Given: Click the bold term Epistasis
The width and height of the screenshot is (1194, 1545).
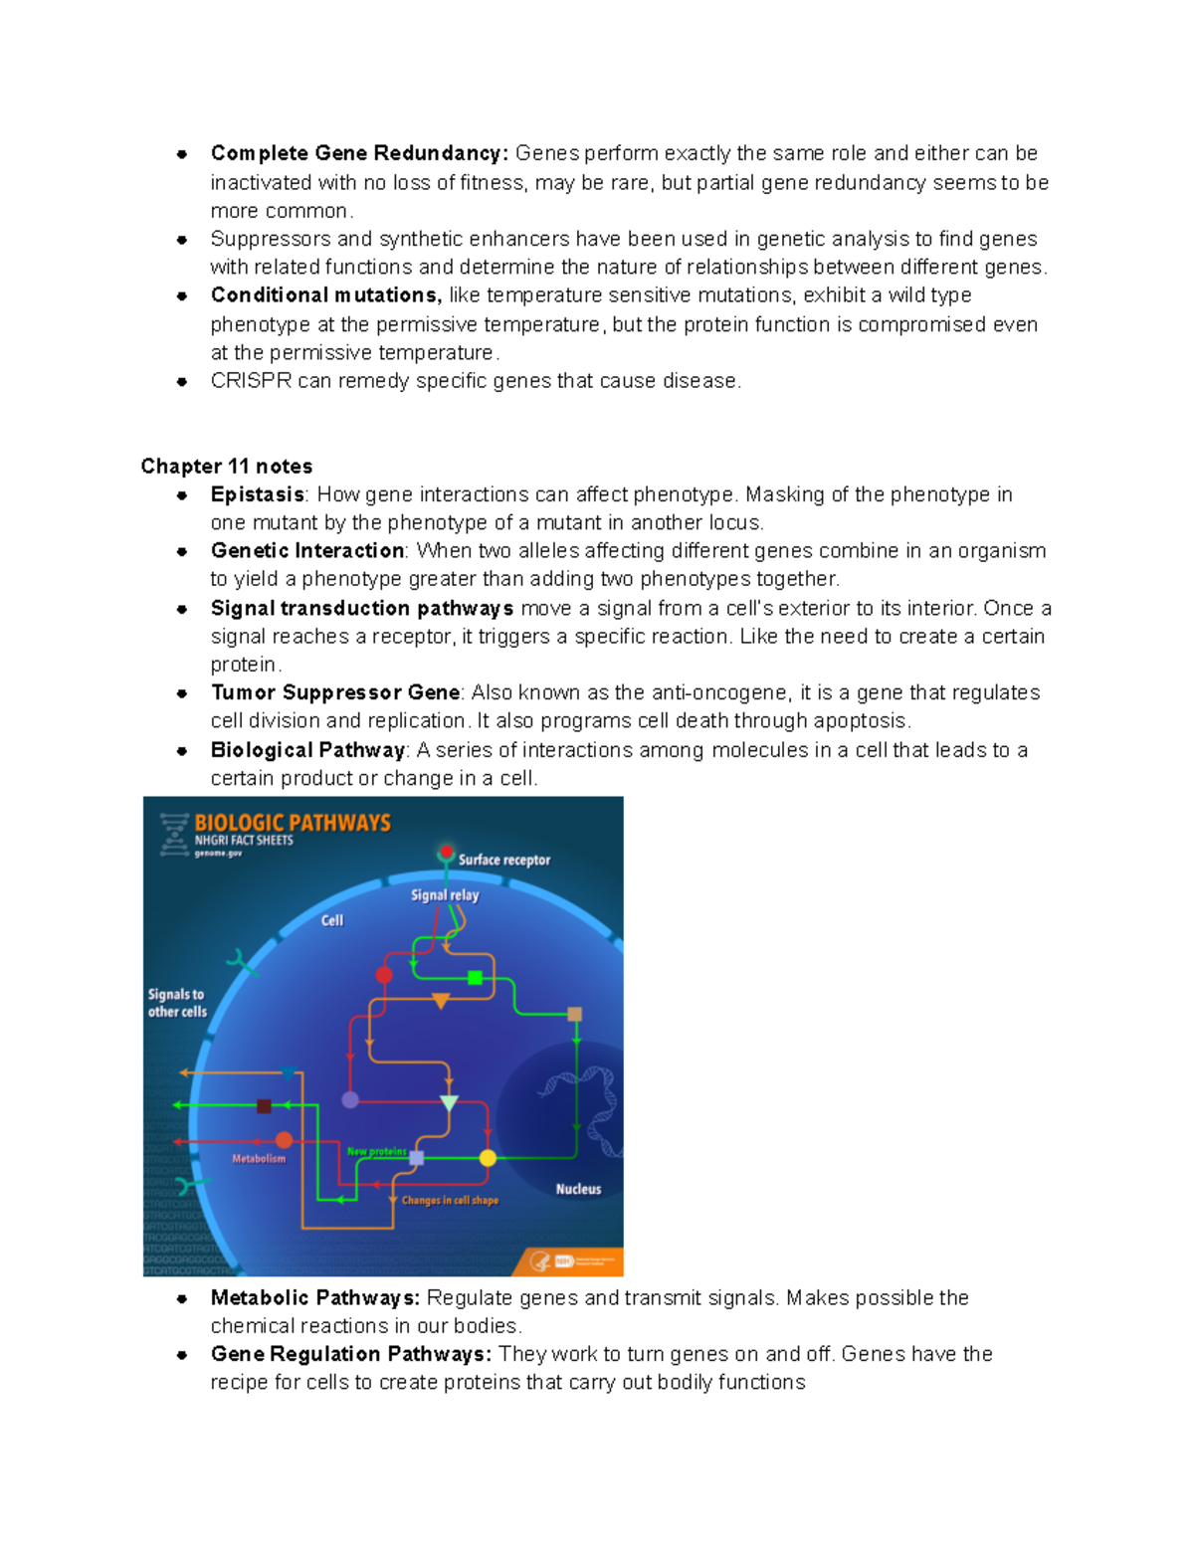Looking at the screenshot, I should coord(257,494).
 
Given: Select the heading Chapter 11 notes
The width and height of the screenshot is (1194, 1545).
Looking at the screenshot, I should coord(226,467).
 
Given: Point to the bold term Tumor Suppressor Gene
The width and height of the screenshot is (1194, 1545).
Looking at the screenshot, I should coord(335,692).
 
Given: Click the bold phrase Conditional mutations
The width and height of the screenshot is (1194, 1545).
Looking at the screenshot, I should coord(325,295).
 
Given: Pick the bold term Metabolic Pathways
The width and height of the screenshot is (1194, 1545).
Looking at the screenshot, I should coord(314,1297).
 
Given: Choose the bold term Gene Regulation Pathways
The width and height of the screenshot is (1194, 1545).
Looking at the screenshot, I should coord(350,1354).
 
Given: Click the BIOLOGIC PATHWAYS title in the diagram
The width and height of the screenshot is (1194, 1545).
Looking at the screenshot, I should coord(293,823).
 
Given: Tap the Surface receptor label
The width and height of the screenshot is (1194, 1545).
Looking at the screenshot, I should coord(503,860).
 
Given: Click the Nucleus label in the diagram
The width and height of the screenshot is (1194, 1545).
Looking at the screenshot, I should coord(578,1189).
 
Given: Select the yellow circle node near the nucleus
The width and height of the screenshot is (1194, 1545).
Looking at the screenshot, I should coord(488,1158).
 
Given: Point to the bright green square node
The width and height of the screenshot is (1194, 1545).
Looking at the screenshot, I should coord(475,978).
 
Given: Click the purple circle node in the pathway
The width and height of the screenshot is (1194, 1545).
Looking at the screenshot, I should coord(350,1099).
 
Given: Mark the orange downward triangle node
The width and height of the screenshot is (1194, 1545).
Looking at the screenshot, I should coord(441,1001).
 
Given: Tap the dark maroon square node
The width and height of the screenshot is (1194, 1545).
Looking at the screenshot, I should coord(264,1106).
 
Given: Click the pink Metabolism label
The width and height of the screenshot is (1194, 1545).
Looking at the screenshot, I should coord(259,1158).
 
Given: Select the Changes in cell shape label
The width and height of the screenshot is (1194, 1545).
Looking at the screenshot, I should coord(450,1201).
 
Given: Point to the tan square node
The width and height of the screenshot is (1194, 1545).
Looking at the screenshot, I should coord(574,1015).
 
